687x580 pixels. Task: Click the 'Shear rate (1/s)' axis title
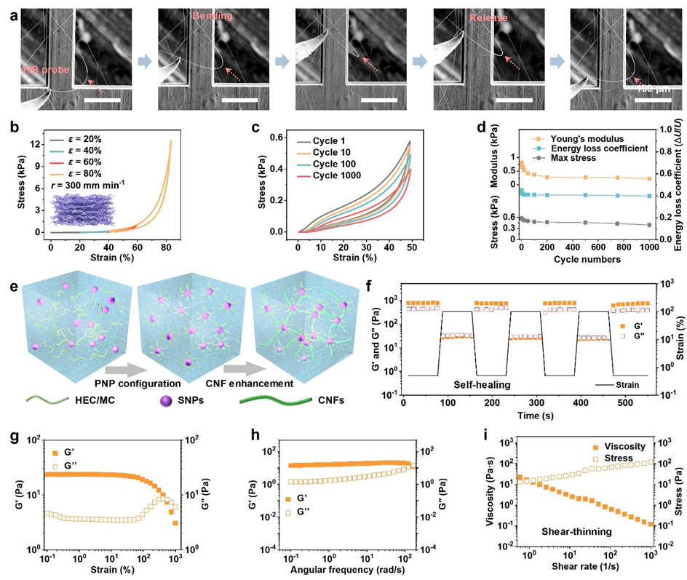(575, 570)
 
